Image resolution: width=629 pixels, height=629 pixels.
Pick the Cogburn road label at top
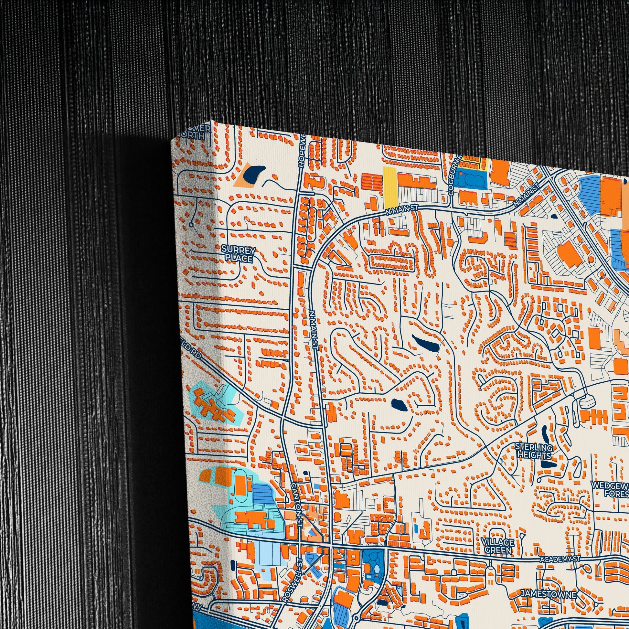[x=451, y=176]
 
